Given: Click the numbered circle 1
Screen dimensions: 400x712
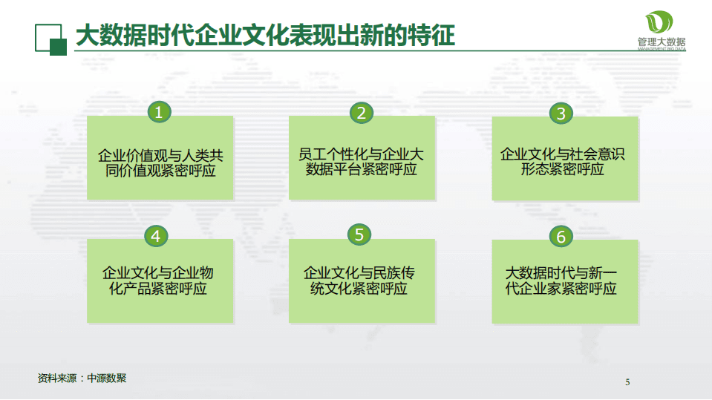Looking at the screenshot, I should [159, 113].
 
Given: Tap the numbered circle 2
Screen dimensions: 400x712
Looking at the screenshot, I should [361, 113].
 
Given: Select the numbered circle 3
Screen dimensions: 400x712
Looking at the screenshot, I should [561, 114].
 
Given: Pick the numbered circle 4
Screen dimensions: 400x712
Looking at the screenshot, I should [156, 236].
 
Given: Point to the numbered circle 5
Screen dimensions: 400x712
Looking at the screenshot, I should [359, 235].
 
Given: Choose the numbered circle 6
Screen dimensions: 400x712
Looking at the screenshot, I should [561, 237].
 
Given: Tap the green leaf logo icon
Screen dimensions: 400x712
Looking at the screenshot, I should [660, 22].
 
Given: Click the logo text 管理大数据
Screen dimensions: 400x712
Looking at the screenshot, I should [661, 42].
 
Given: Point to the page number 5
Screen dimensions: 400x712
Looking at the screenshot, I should [627, 383].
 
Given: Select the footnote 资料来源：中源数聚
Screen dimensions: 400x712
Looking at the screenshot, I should [82, 378].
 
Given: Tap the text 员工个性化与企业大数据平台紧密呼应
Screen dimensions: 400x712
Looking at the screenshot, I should [362, 163].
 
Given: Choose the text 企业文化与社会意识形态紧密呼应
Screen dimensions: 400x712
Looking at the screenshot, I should [563, 163].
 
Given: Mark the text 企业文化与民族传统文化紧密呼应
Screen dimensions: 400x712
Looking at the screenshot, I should [359, 281].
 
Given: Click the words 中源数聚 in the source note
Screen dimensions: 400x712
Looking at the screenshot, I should [107, 378].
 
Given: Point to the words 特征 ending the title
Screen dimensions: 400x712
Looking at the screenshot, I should [436, 35].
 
